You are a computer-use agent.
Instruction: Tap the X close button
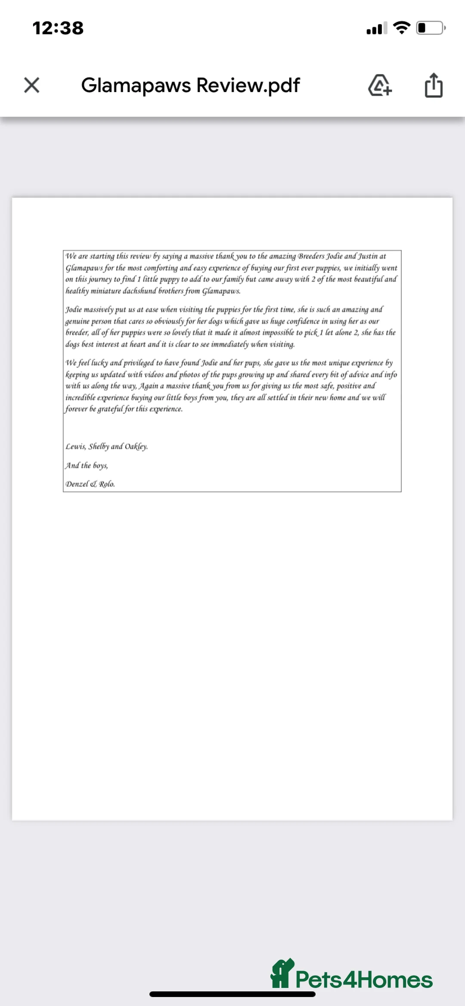[x=32, y=85]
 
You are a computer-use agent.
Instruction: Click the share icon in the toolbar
[x=433, y=85]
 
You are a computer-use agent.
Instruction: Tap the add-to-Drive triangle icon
[x=380, y=85]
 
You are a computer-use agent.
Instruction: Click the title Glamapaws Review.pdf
[x=190, y=85]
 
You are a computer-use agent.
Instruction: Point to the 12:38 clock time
[x=58, y=28]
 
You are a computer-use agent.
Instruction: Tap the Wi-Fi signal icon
[x=402, y=28]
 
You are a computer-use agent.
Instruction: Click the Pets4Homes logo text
[x=364, y=980]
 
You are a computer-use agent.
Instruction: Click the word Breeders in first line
[x=311, y=257]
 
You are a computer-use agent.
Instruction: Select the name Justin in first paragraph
[x=368, y=257]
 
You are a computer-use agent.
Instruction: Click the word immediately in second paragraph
[x=230, y=344]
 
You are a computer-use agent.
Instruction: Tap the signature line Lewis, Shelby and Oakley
[x=106, y=446]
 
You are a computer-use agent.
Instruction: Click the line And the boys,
[x=87, y=465]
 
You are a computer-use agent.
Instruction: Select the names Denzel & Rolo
[x=90, y=484]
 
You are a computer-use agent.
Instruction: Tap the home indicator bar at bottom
[x=232, y=994]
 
